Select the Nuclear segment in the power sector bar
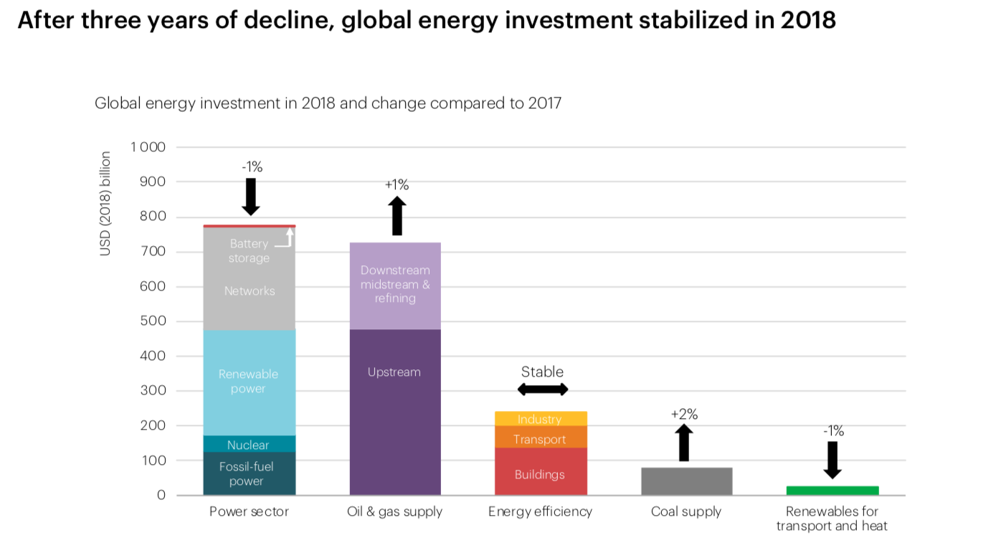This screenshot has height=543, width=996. point(249,444)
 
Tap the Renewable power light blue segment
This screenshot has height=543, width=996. point(249,382)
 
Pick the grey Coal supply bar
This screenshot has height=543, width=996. point(686,481)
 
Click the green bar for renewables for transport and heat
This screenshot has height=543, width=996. point(832,491)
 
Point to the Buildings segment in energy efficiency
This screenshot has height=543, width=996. point(541,474)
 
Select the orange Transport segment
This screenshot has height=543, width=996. point(541,438)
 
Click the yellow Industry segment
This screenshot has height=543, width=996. point(541,419)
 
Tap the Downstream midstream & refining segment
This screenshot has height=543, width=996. point(395,285)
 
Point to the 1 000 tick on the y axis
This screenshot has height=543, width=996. point(148,147)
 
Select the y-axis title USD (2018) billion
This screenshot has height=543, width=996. point(105,203)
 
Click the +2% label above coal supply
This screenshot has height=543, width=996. point(684,414)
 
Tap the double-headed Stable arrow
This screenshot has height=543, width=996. point(543,389)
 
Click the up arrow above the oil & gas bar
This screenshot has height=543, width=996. point(397,216)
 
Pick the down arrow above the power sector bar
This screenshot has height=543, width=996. point(250,196)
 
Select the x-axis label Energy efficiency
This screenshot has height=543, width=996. point(541,511)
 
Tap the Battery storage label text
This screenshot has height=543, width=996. point(249,251)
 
